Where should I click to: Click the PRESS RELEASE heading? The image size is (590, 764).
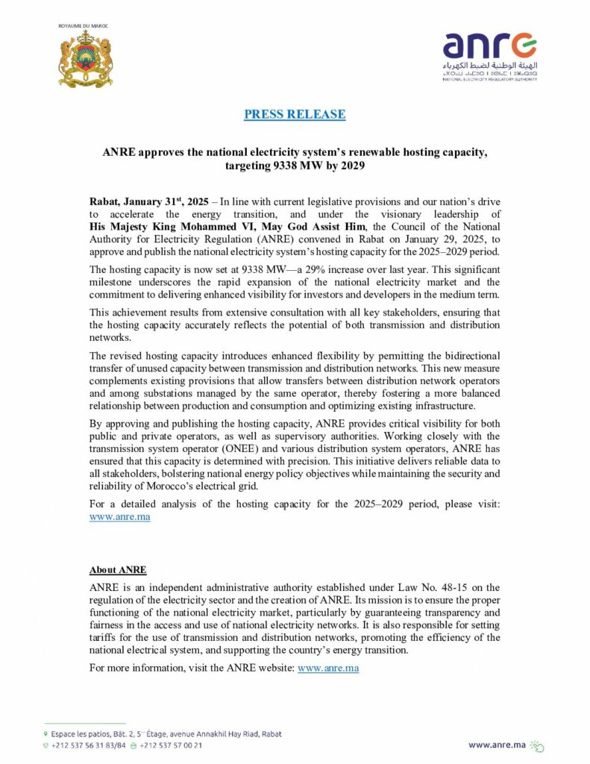[x=295, y=114]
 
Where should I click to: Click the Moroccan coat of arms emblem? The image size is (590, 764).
[x=85, y=59]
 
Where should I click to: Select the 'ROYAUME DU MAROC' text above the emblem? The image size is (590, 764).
[x=84, y=26]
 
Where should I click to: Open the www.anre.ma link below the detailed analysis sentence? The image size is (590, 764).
[x=119, y=517]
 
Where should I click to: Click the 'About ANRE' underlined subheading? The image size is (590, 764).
[x=118, y=570]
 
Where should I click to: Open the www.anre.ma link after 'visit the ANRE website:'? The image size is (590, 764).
[x=328, y=668]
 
